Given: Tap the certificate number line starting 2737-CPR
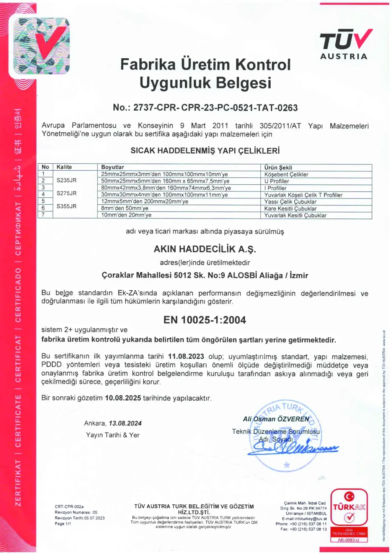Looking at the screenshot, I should [x=205, y=108].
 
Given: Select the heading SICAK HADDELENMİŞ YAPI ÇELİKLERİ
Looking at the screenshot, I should [x=205, y=151].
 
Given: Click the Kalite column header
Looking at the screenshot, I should [x=64, y=167].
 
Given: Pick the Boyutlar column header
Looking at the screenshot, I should [x=113, y=167].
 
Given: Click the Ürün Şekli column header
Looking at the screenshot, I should [x=278, y=167].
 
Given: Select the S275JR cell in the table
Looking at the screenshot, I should [x=67, y=193].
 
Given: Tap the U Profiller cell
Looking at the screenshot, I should [x=277, y=181].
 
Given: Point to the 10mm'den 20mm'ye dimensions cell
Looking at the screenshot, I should [x=126, y=215].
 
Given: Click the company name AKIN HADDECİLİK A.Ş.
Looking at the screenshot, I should [x=205, y=249].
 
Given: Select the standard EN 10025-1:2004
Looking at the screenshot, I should [x=205, y=320].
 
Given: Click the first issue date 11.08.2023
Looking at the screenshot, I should [x=186, y=356].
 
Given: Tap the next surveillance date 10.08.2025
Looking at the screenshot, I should [x=123, y=398].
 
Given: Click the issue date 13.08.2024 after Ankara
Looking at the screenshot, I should [x=125, y=423].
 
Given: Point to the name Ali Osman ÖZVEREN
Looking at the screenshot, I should [x=276, y=419].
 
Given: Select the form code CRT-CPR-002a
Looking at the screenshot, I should [x=69, y=507].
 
